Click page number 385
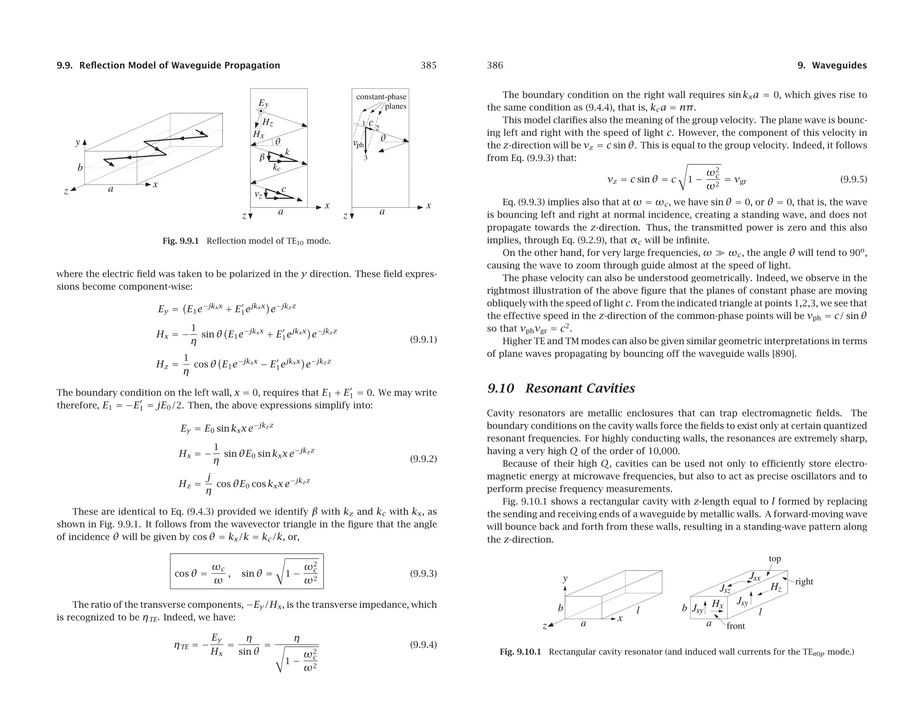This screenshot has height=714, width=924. pyautogui.click(x=428, y=65)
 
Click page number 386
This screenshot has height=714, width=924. pyautogui.click(x=495, y=65)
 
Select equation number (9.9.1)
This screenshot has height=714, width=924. pyautogui.click(x=423, y=339)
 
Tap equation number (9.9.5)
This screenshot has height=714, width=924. pyautogui.click(x=853, y=179)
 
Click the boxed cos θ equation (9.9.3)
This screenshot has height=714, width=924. pyautogui.click(x=247, y=571)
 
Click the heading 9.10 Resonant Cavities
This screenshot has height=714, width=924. pyautogui.click(x=561, y=388)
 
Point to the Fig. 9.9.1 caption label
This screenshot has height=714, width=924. pyautogui.click(x=180, y=241)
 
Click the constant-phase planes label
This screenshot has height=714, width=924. pyautogui.click(x=381, y=102)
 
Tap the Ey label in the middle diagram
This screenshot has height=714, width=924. pyautogui.click(x=263, y=103)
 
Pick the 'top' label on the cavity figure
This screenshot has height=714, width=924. pyautogui.click(x=775, y=559)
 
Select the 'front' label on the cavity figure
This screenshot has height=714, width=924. pyautogui.click(x=735, y=626)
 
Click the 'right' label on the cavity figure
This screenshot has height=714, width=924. pyautogui.click(x=804, y=582)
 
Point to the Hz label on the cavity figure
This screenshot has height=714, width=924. pyautogui.click(x=776, y=587)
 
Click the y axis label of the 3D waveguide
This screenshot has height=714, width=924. pyautogui.click(x=78, y=143)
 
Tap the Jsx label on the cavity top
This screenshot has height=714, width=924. pyautogui.click(x=754, y=576)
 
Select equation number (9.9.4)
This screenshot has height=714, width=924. pyautogui.click(x=423, y=644)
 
